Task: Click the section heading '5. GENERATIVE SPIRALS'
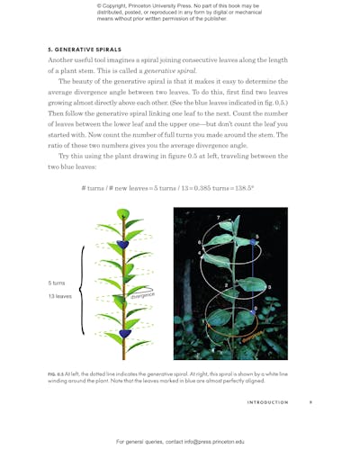coord(84,49)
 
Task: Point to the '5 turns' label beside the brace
coord(57,283)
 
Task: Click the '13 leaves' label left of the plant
coord(59,296)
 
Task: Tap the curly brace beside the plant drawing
coord(81,290)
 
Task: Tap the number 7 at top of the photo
coord(218,218)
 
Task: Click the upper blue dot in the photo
coord(256,238)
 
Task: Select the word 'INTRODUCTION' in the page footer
coord(267,402)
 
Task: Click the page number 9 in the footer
coord(310,402)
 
